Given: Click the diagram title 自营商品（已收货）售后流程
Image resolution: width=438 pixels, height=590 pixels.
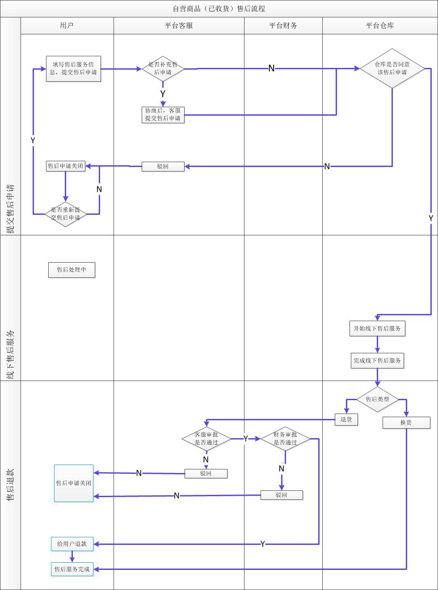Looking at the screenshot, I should click(x=219, y=8).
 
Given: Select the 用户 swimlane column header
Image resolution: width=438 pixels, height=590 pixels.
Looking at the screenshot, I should click(x=67, y=25).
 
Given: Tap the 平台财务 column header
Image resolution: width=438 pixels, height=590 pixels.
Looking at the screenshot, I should click(x=283, y=25).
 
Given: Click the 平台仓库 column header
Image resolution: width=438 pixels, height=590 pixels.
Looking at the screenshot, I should click(x=379, y=25).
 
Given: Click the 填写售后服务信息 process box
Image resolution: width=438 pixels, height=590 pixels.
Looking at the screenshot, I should click(x=73, y=68).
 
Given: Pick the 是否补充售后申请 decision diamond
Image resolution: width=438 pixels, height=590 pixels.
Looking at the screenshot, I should click(x=163, y=68).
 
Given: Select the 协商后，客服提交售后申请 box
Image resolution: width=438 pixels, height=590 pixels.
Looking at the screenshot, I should click(x=163, y=114).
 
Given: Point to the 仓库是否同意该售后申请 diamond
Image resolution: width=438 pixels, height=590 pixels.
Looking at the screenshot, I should click(x=392, y=68).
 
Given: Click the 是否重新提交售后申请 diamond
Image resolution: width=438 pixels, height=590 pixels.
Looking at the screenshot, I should click(x=65, y=214).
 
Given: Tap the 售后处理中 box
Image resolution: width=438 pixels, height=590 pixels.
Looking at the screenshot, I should click(x=72, y=270).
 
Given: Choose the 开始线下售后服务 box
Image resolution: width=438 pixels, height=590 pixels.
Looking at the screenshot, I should click(x=377, y=328).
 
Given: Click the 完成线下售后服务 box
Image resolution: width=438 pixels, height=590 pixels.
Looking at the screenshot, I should click(x=377, y=360).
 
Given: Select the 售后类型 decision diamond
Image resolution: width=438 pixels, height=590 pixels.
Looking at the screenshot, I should click(x=377, y=399).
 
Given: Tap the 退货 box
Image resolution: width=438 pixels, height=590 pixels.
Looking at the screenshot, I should click(x=346, y=419).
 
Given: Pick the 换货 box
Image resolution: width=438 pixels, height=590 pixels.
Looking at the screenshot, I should click(x=406, y=423).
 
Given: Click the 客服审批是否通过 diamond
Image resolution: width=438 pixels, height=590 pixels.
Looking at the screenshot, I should click(x=206, y=439).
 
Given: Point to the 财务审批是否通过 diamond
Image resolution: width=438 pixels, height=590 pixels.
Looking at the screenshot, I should click(x=285, y=439).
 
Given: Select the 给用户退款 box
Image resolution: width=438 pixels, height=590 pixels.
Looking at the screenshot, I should click(x=72, y=544).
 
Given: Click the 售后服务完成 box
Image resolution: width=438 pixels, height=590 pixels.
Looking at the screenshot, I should click(x=72, y=569).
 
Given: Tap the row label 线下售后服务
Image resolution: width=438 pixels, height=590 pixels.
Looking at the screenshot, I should click(x=10, y=355).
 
